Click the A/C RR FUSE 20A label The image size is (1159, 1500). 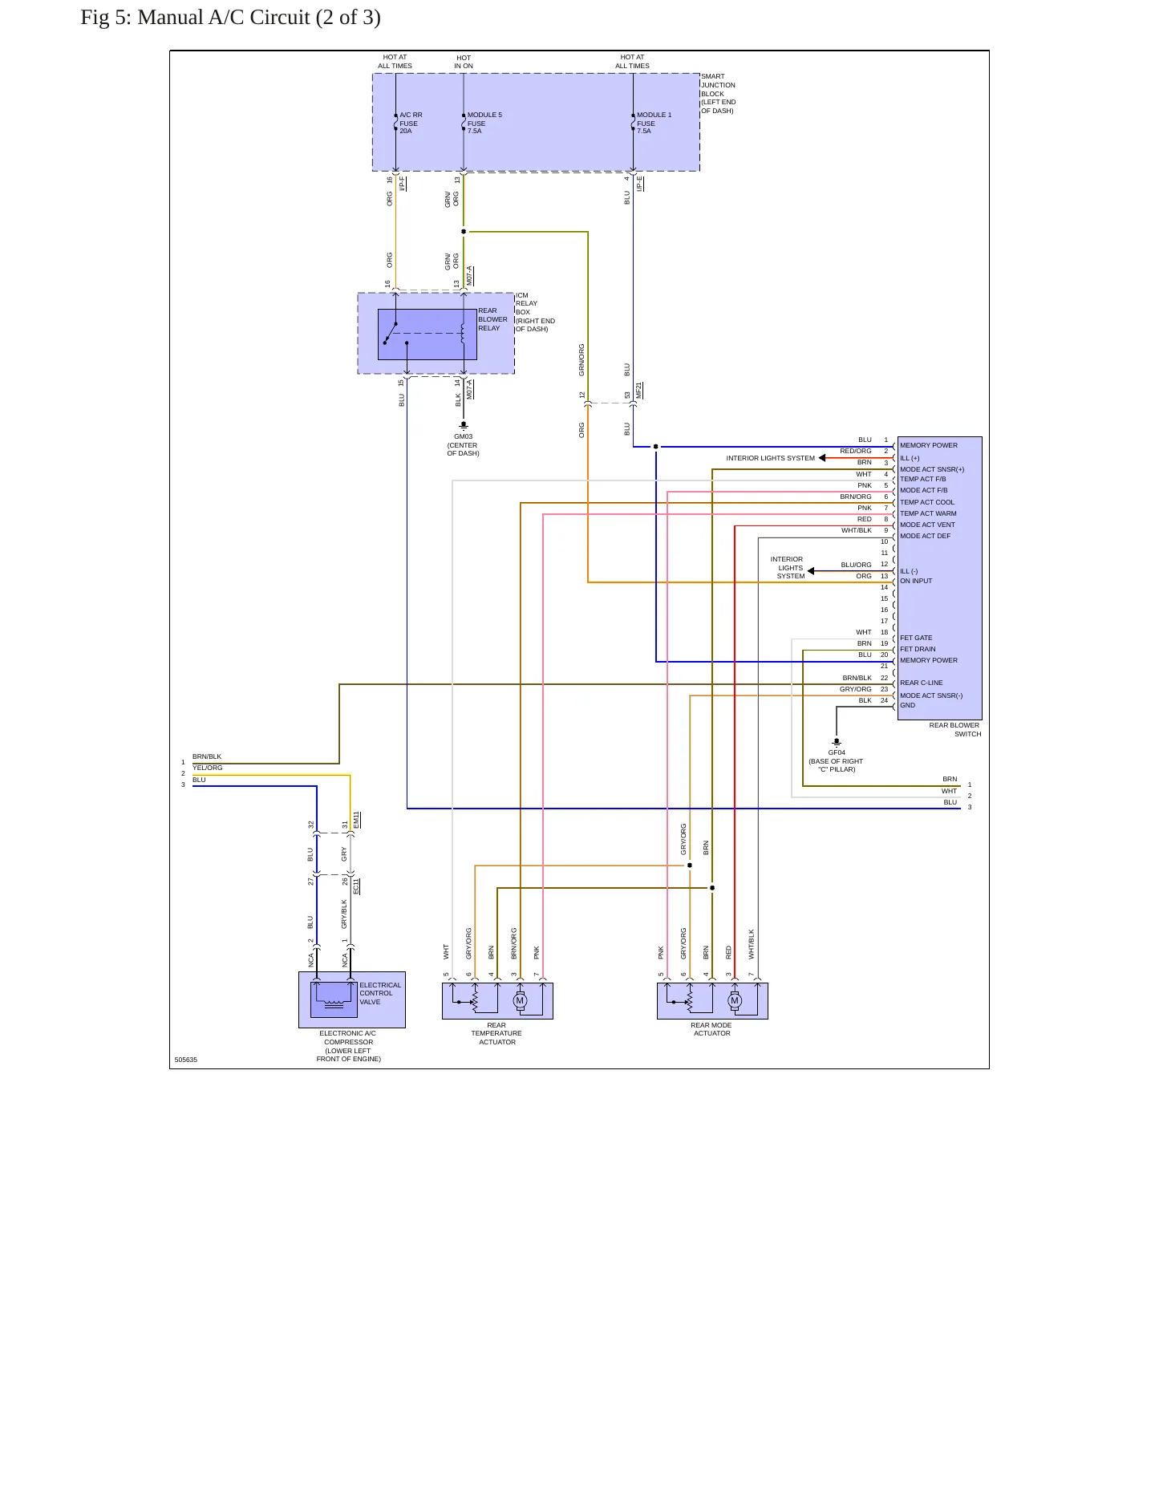click(411, 123)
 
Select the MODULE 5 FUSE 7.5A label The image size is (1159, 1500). click(484, 123)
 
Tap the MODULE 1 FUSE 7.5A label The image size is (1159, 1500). click(654, 123)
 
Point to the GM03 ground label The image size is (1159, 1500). click(463, 437)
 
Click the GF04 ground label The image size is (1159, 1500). click(837, 753)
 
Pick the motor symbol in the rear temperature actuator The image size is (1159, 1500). click(520, 1000)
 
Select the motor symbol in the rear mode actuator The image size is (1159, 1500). click(735, 1000)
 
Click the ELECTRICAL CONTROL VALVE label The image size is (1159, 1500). click(380, 993)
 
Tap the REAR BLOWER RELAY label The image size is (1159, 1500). click(492, 319)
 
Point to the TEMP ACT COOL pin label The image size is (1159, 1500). click(927, 502)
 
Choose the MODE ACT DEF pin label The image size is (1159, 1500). click(925, 536)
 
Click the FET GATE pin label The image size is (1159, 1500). click(916, 638)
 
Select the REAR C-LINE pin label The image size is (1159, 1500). click(922, 683)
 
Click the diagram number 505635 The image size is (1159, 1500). click(186, 1060)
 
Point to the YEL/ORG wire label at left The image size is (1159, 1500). click(208, 768)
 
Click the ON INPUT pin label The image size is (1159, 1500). click(916, 581)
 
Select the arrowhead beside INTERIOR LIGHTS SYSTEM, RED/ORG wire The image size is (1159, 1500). click(822, 458)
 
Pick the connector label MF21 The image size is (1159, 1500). click(639, 391)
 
